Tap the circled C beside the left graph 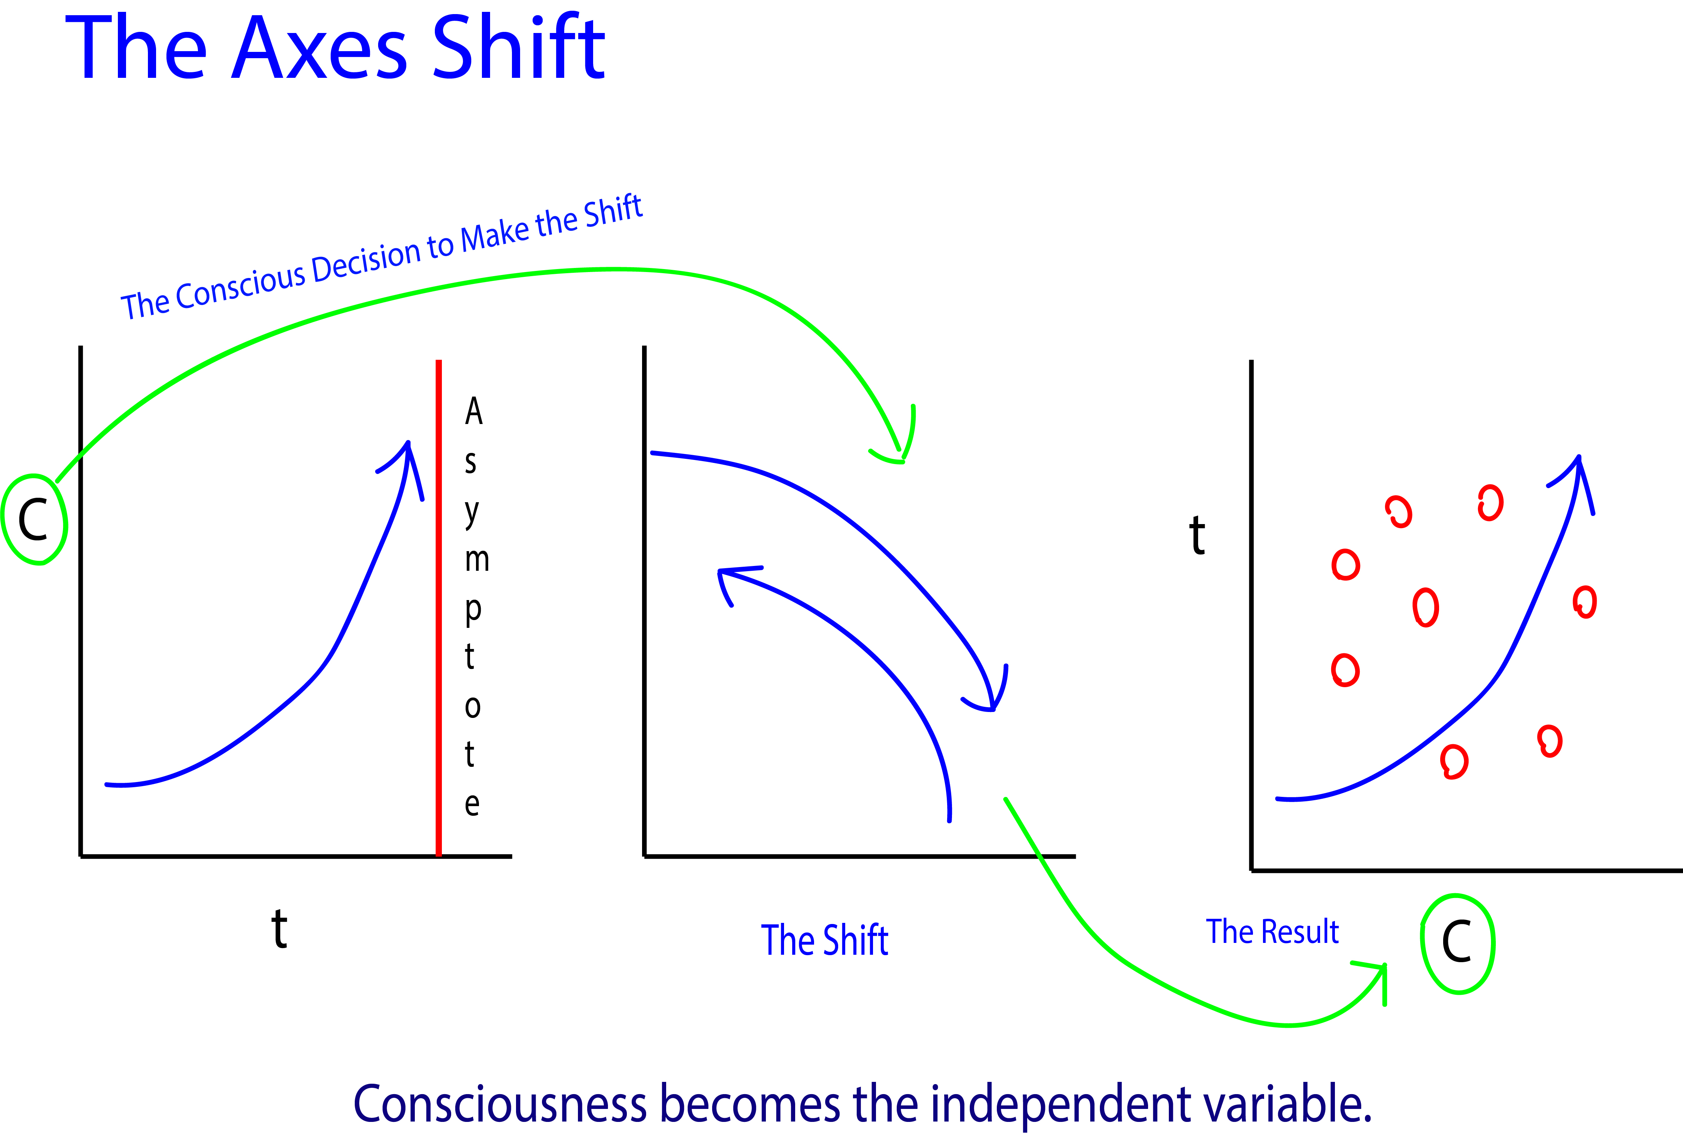(34, 519)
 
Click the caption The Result (1272, 932)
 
